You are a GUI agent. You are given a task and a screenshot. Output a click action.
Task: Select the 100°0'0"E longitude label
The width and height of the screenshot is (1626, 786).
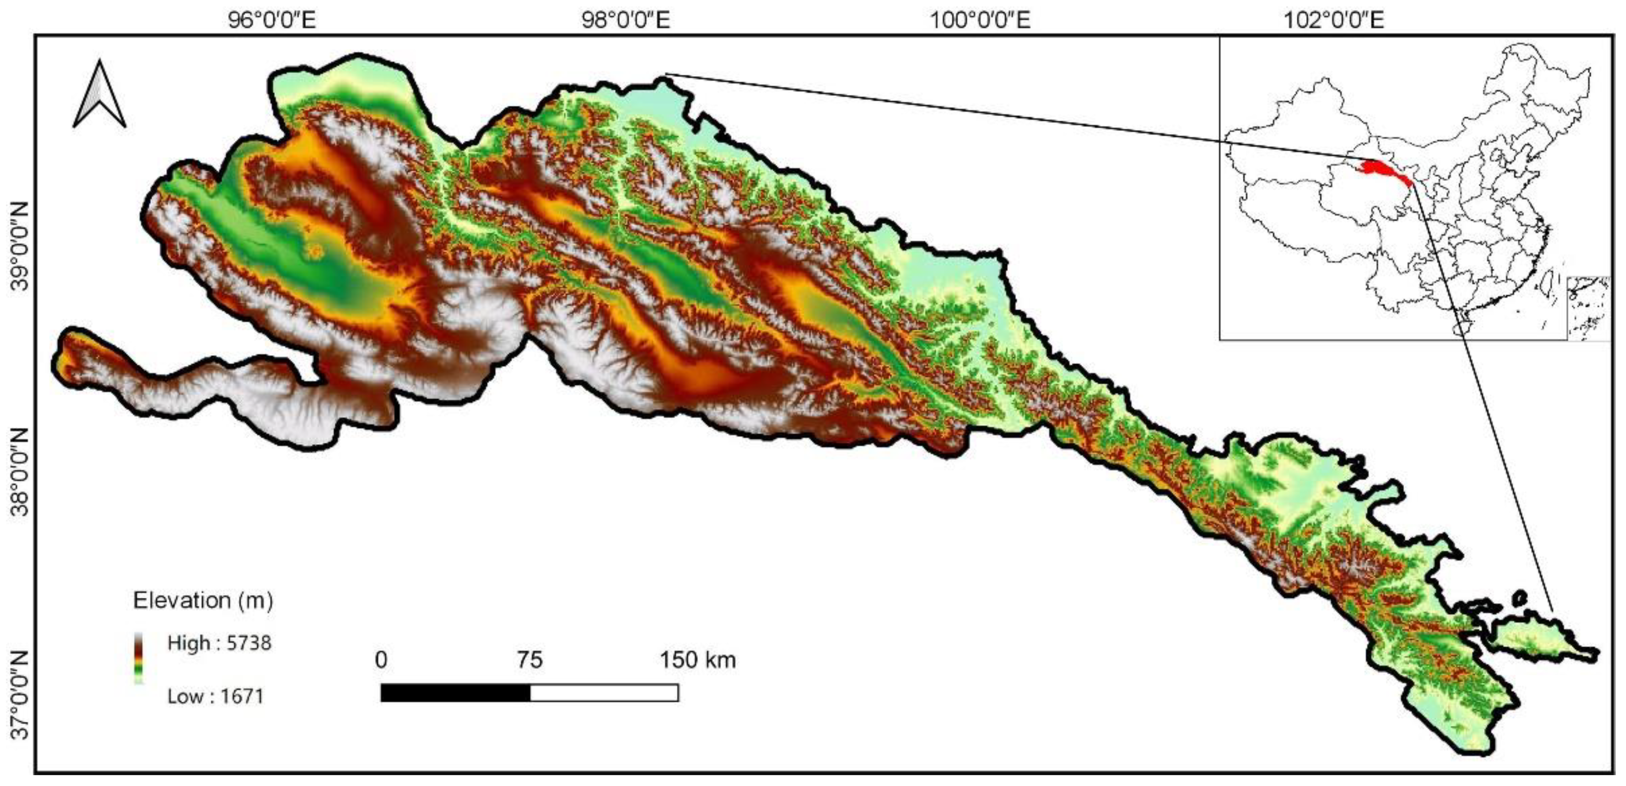980,21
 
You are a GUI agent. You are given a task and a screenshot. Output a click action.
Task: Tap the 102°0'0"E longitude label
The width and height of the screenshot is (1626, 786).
1334,21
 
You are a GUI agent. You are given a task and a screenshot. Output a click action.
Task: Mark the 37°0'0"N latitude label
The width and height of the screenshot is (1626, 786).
21,694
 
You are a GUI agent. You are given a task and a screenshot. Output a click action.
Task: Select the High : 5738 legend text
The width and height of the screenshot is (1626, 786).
219,643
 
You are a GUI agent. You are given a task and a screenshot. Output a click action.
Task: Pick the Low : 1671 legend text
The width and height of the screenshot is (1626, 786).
215,697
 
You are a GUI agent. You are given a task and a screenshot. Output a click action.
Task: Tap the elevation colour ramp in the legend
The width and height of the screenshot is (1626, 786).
138,658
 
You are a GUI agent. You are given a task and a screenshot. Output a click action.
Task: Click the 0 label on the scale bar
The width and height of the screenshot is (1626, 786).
381,660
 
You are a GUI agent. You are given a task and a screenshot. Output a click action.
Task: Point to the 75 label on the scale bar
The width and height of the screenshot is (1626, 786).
529,660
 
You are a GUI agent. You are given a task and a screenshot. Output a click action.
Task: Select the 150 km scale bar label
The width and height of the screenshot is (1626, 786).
698,660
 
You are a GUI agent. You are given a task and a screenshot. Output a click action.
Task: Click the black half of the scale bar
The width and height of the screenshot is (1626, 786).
455,693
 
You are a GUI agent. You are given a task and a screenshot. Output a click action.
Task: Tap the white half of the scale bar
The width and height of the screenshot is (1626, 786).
604,693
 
